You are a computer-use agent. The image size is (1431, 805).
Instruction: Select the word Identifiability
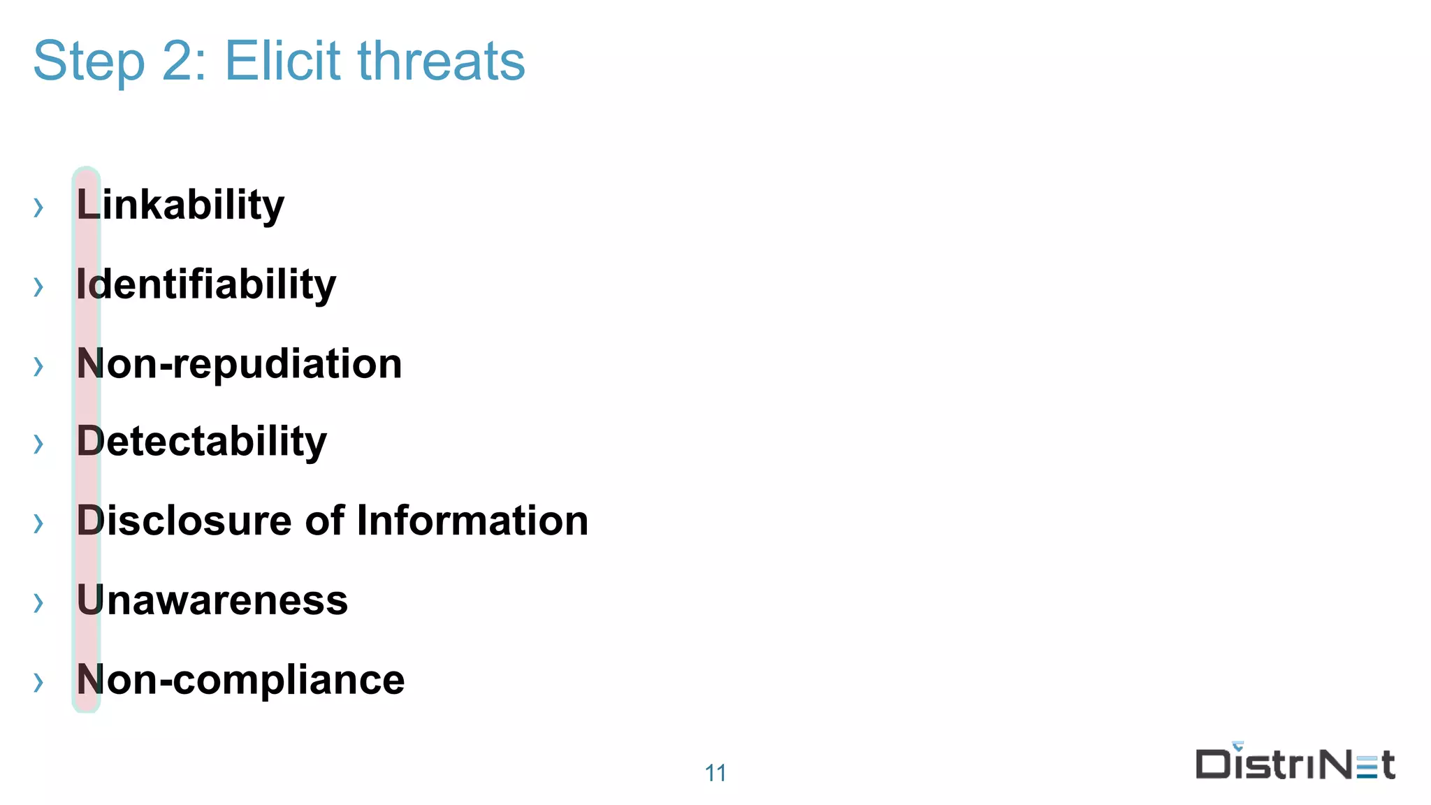pyautogui.click(x=206, y=284)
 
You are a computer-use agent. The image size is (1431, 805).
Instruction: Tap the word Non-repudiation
pyautogui.click(x=239, y=364)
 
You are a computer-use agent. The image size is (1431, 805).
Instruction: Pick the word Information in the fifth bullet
pyautogui.click(x=472, y=521)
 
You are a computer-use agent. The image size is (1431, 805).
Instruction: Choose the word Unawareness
pyautogui.click(x=212, y=600)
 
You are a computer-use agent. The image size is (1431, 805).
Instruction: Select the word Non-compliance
pyautogui.click(x=240, y=680)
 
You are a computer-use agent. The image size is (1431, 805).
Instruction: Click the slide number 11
pyautogui.click(x=715, y=773)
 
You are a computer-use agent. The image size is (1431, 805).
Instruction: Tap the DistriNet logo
pyautogui.click(x=1295, y=762)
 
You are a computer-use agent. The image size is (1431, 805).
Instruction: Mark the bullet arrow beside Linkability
pyautogui.click(x=38, y=208)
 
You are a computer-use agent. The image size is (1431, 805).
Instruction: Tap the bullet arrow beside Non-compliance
pyautogui.click(x=38, y=682)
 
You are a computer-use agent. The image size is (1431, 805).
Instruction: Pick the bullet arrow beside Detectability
pyautogui.click(x=38, y=444)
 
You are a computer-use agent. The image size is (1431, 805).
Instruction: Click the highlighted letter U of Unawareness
pyautogui.click(x=89, y=600)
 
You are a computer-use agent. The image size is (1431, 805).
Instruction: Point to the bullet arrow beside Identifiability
pyautogui.click(x=38, y=287)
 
